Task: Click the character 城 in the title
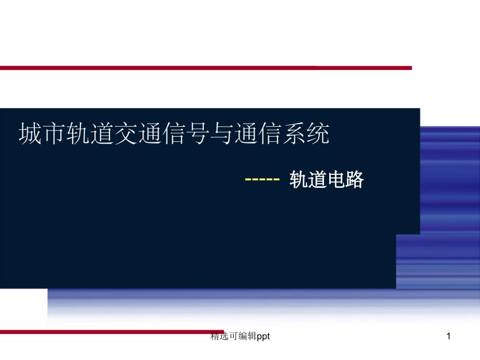(30, 134)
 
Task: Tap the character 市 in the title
(54, 134)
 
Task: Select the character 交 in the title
(126, 134)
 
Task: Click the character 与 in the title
(222, 134)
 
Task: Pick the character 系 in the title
(294, 134)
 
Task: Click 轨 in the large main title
(78, 134)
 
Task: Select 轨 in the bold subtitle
(298, 179)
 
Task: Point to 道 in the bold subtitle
(317, 179)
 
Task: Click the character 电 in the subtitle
(336, 179)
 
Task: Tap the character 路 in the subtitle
(354, 179)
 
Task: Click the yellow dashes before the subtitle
(262, 179)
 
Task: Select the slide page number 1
(449, 336)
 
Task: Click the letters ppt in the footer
(263, 337)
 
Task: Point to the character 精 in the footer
(215, 336)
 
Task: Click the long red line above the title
(206, 68)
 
